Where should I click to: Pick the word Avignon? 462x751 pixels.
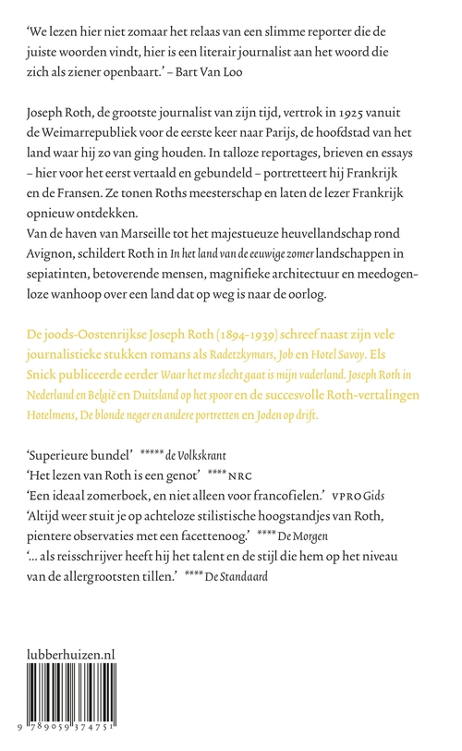pyautogui.click(x=61, y=274)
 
